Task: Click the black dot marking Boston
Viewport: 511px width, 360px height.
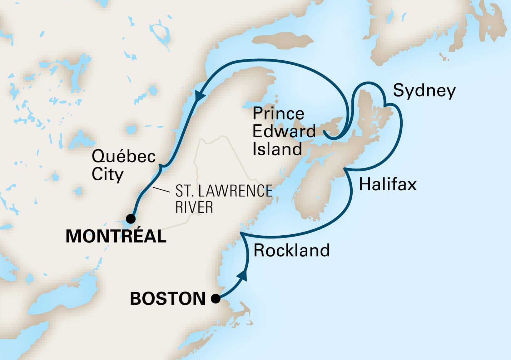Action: [216, 299]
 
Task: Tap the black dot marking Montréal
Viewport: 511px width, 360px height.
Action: [131, 218]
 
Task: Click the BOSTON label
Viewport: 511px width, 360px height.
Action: [168, 299]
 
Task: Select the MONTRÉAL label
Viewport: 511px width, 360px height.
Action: [116, 236]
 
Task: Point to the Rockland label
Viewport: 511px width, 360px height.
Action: [291, 250]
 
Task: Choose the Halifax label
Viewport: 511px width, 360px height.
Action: [388, 184]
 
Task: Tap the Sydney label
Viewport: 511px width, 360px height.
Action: [424, 91]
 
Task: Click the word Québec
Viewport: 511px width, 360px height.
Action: [124, 156]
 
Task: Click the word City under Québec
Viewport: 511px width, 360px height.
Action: [107, 174]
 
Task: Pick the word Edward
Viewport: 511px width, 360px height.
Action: [284, 131]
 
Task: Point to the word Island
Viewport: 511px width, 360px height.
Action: [277, 149]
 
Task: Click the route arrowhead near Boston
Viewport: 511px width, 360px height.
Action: [243, 275]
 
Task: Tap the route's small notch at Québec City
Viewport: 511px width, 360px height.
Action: [161, 166]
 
